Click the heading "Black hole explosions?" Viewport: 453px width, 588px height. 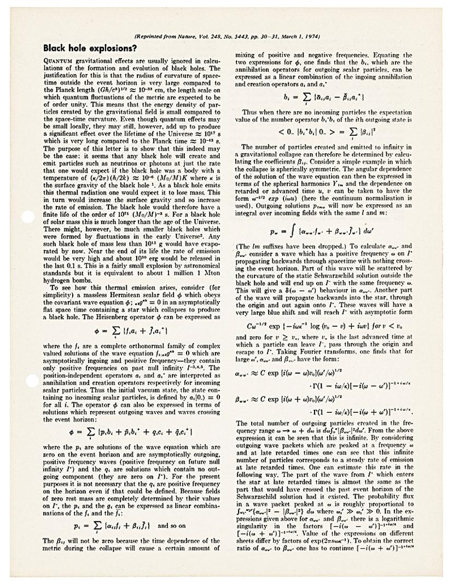pyautogui.click(x=90, y=48)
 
